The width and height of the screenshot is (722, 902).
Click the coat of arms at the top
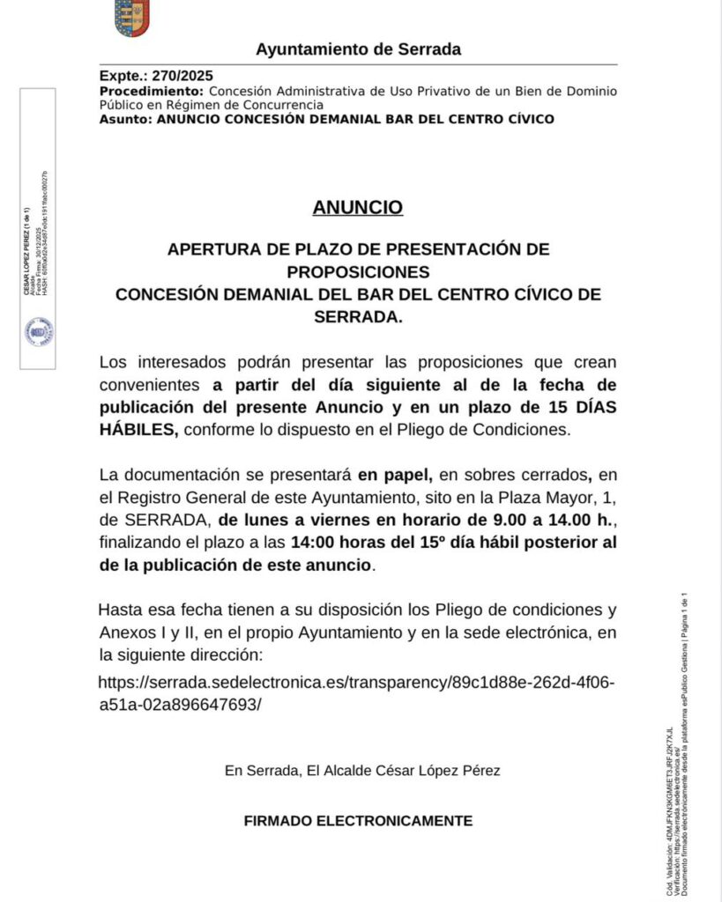tap(132, 18)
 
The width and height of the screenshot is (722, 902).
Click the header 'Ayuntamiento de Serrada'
tap(358, 49)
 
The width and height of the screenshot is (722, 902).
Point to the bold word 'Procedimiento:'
tap(152, 91)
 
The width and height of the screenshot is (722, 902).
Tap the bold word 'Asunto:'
tap(125, 119)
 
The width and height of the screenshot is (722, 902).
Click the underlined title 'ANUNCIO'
tap(358, 208)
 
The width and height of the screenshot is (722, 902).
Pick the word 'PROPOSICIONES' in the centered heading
tap(358, 271)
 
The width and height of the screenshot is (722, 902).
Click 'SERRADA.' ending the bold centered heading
tap(358, 317)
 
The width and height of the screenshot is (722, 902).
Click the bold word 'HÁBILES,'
tap(139, 430)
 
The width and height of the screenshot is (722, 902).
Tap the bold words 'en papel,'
tap(394, 475)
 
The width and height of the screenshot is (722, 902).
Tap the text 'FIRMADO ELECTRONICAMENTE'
tap(358, 821)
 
